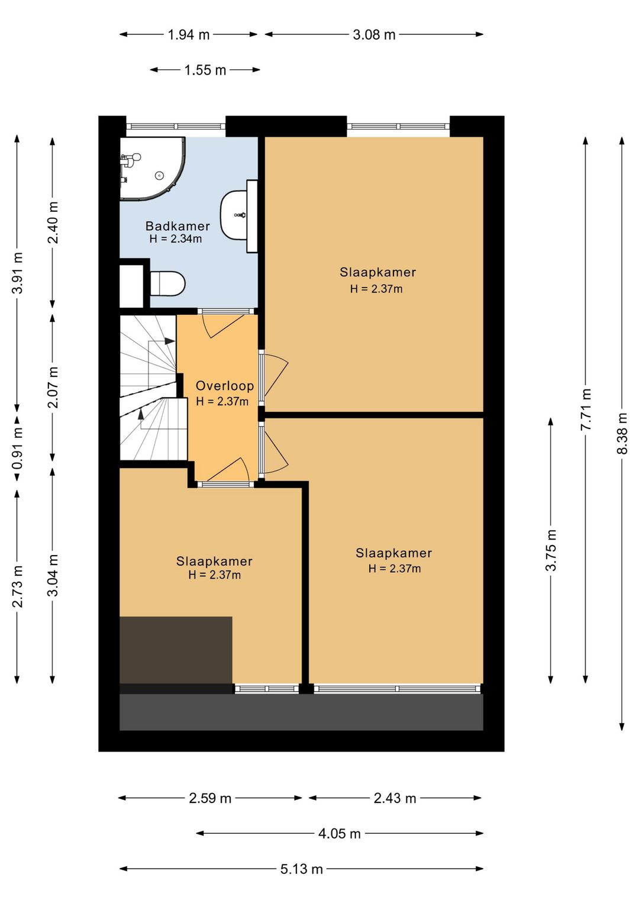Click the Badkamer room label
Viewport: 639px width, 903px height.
click(x=177, y=226)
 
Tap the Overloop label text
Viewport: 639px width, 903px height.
click(x=225, y=386)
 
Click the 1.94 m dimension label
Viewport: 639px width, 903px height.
click(x=189, y=35)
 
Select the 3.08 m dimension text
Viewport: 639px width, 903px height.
click(x=374, y=35)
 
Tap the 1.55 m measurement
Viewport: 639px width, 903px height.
click(x=205, y=70)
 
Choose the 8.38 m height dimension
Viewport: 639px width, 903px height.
click(x=622, y=433)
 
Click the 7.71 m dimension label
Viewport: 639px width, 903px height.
click(x=586, y=409)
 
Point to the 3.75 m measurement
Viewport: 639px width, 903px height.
click(x=551, y=550)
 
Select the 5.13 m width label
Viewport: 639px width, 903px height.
click(x=302, y=869)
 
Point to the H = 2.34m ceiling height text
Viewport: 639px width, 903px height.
click(x=175, y=238)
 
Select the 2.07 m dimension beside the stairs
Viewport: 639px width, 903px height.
click(x=53, y=387)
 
